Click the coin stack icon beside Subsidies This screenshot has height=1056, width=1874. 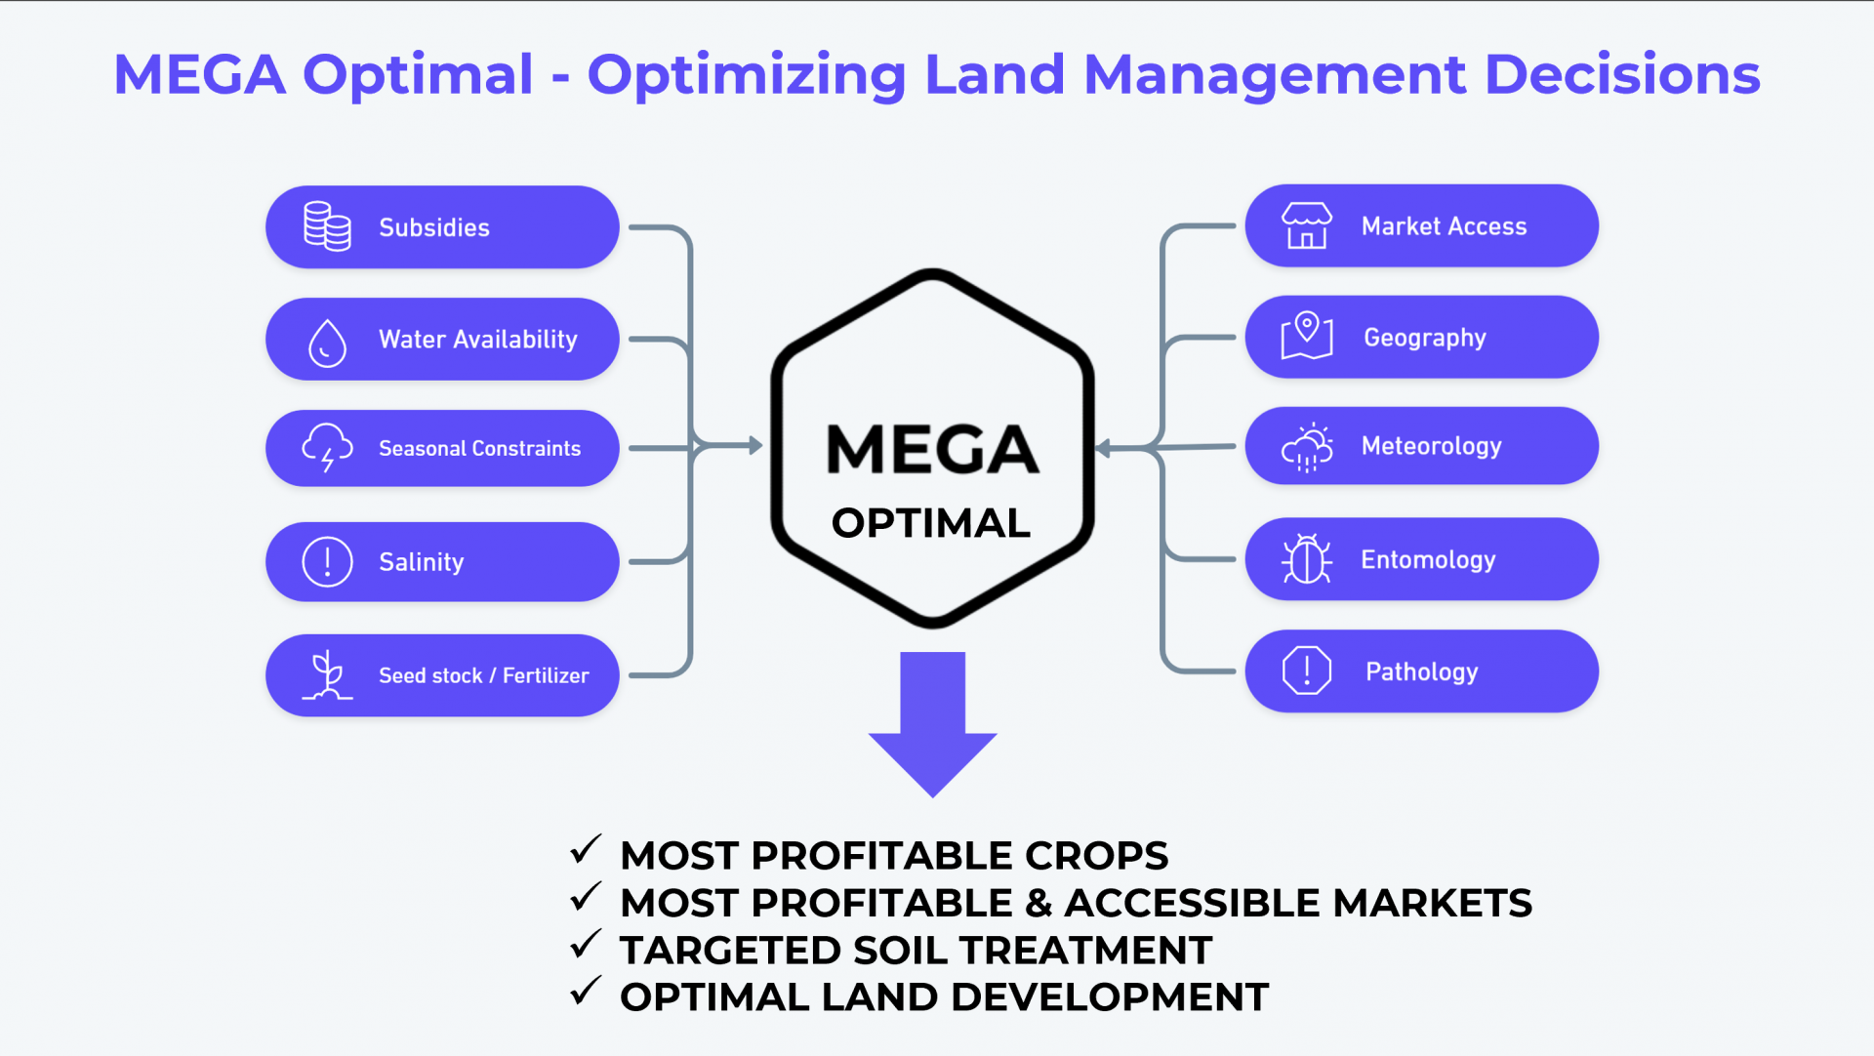327,226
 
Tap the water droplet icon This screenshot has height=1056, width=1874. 327,343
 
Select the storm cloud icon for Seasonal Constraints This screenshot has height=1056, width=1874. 327,448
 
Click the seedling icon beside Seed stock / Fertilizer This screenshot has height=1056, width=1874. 327,675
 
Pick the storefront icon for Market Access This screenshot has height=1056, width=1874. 1307,225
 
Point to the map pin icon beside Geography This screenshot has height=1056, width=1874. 1307,336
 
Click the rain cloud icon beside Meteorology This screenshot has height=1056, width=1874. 1307,447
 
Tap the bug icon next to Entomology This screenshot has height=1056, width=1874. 1307,559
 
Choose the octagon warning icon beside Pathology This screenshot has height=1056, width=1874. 1307,670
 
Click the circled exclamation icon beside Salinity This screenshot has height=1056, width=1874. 327,561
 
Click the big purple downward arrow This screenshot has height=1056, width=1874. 933,724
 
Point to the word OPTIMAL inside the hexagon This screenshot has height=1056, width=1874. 931,523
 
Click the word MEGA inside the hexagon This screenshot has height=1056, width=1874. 932,449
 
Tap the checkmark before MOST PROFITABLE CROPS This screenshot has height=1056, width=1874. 586,850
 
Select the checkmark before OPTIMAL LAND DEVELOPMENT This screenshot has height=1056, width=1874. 586,992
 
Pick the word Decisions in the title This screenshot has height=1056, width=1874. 1622,74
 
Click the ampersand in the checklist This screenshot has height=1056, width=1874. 1039,903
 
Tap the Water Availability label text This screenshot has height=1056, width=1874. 478,340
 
